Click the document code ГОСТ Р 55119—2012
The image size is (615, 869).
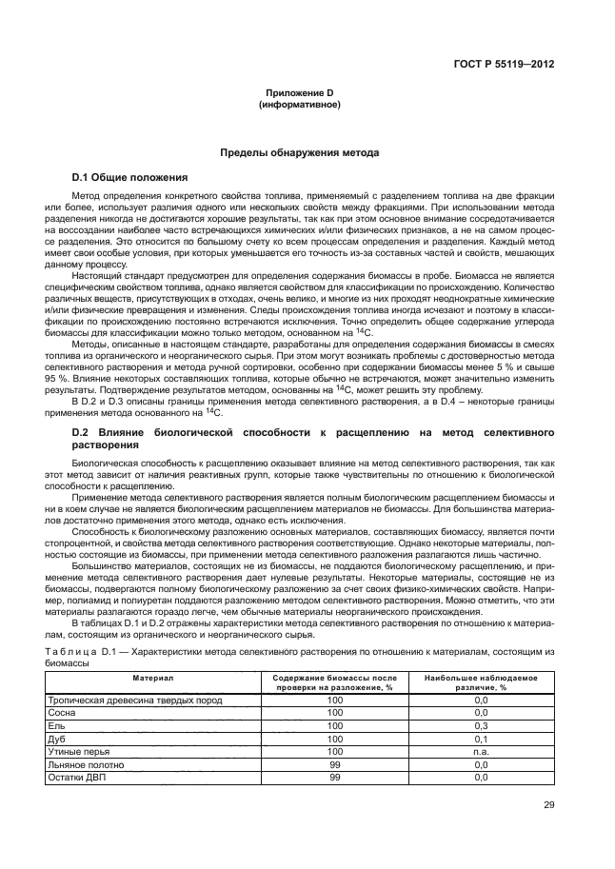point(505,66)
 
